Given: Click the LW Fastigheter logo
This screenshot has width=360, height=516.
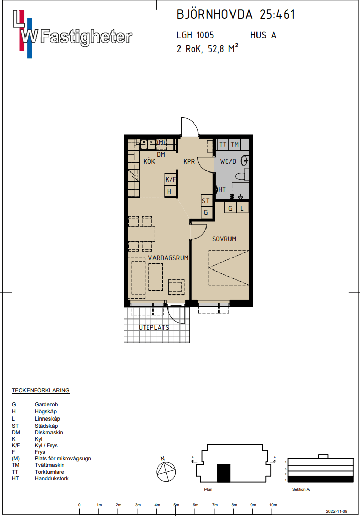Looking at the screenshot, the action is click(x=72, y=34).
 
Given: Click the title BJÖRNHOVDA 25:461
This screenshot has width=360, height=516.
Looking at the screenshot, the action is click(x=236, y=14).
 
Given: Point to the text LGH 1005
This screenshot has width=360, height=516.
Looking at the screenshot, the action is click(x=195, y=35).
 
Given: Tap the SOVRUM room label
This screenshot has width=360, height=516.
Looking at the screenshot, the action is click(x=224, y=239).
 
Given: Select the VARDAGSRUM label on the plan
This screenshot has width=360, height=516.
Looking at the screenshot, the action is click(x=168, y=258).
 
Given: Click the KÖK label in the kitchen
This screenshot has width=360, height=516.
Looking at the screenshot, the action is click(x=149, y=161).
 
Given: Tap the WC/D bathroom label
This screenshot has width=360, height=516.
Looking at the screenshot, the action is click(x=228, y=162).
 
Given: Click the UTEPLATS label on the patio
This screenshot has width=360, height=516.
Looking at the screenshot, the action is click(x=154, y=328).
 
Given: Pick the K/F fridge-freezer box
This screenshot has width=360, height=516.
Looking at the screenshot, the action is click(x=171, y=179).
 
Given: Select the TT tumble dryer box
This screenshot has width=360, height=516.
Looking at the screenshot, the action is click(x=223, y=144).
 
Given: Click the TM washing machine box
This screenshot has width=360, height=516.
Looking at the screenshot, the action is click(x=235, y=144).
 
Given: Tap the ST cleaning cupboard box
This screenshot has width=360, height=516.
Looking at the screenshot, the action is click(x=206, y=201).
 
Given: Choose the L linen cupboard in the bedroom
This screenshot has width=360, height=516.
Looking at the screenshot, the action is click(x=242, y=208).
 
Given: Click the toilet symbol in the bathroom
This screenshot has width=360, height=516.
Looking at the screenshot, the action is click(x=242, y=175).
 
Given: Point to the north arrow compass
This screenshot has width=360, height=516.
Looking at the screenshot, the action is click(x=165, y=471).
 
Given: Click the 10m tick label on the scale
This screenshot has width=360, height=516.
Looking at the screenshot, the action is click(x=273, y=505).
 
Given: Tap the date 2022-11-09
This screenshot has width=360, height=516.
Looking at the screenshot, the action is click(x=337, y=511).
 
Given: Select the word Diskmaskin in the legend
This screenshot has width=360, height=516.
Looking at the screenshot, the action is click(x=48, y=432).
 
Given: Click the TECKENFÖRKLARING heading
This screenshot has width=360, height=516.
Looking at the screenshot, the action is click(x=41, y=390).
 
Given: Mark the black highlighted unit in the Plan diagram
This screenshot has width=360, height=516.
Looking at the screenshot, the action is click(x=224, y=473).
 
